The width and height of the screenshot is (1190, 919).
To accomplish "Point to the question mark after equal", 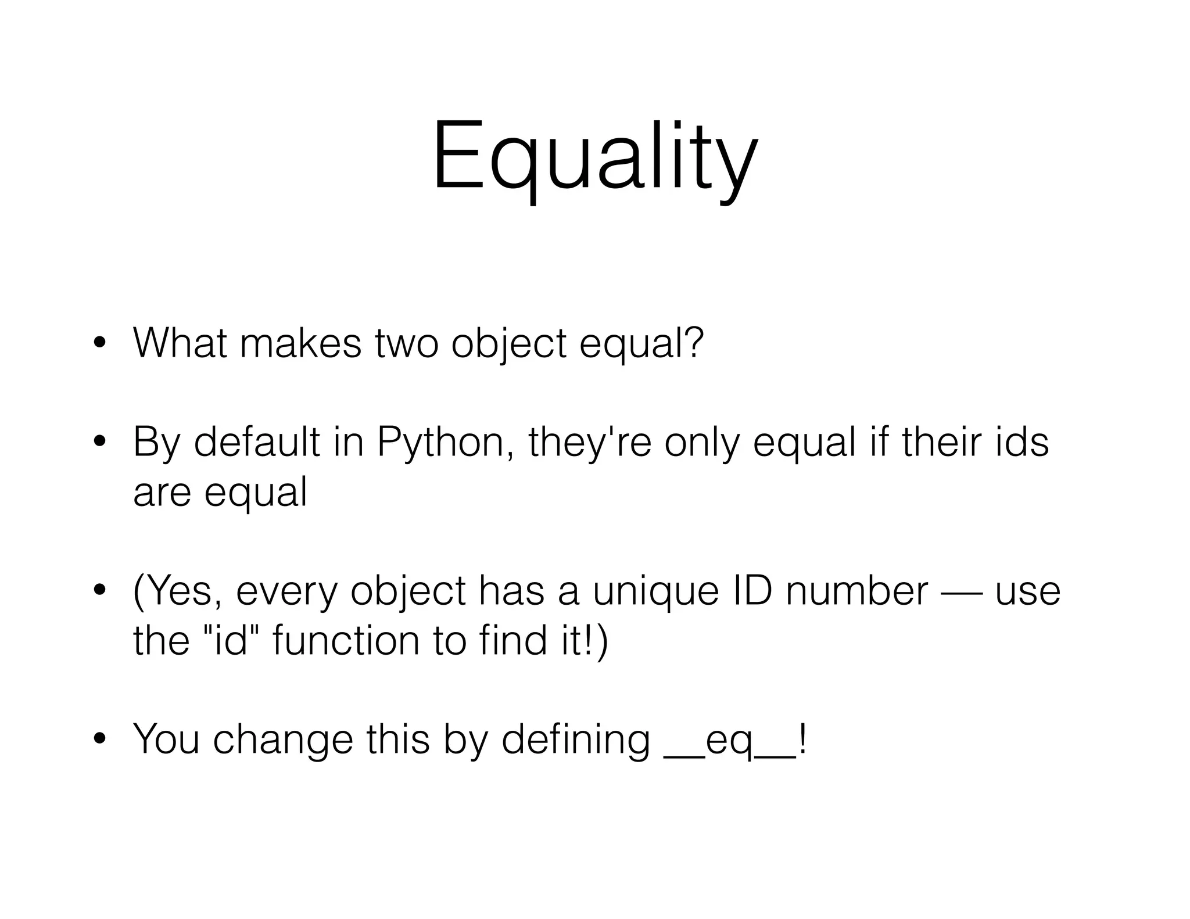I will click(693, 343).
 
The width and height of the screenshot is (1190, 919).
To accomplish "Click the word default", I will click(256, 443).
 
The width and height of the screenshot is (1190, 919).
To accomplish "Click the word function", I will click(346, 640).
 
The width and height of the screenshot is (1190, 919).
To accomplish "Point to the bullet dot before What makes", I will click(100, 343).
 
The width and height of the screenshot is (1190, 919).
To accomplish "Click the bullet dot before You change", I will click(100, 739).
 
